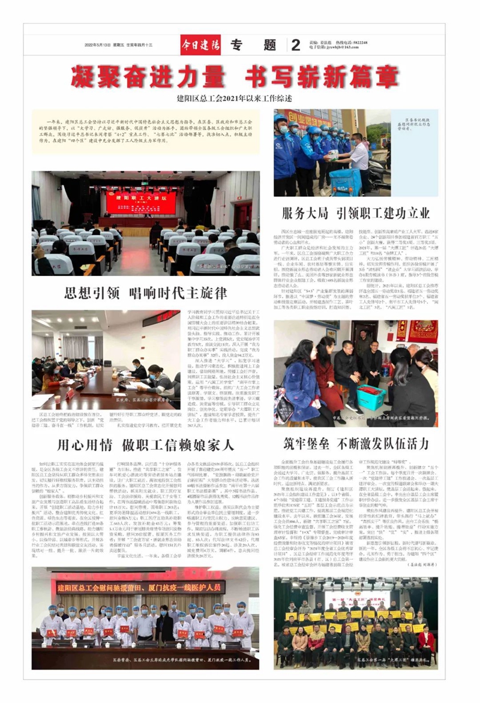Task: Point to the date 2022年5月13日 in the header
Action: pos(98,45)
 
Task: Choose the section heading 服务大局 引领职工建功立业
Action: pos(356,214)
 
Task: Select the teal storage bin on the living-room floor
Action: pos(371,397)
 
